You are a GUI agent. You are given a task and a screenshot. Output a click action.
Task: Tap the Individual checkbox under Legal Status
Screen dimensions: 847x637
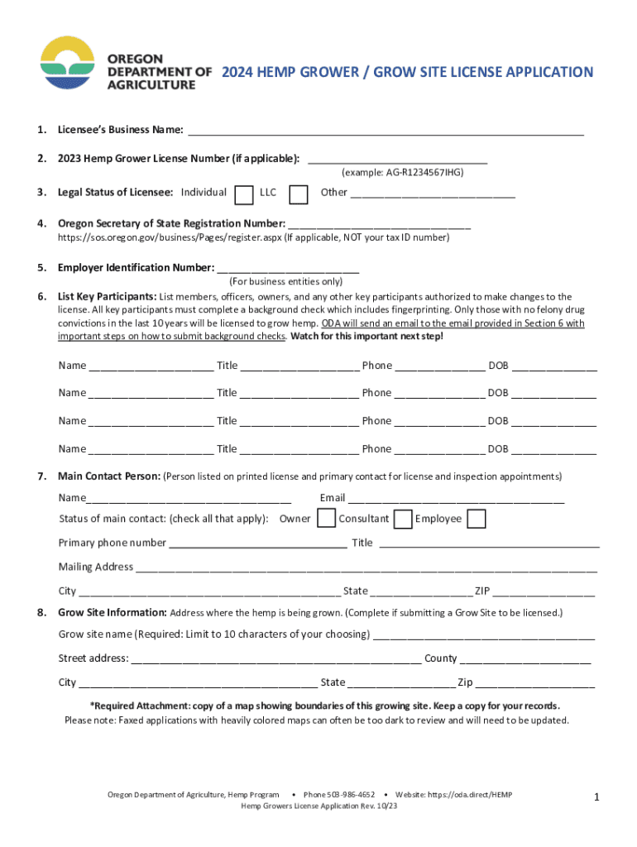244,194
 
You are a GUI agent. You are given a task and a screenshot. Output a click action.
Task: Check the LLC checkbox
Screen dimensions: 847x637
298,194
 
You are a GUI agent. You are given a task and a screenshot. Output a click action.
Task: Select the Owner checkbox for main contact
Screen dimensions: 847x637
327,519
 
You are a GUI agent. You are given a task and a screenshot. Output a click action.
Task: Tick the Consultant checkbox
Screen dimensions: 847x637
403,519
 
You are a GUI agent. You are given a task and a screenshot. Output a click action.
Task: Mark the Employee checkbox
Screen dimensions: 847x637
476,519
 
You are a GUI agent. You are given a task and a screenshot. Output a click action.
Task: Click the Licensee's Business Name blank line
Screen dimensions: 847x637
386,130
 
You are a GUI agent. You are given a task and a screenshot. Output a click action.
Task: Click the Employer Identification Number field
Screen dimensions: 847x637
287,268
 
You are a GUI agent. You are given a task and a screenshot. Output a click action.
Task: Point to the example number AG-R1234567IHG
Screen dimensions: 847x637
402,173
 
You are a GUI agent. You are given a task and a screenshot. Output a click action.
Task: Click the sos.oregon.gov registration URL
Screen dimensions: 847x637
169,237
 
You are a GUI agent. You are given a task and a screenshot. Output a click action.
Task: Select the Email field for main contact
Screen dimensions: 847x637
456,498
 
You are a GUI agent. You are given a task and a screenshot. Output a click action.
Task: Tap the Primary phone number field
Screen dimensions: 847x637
257,543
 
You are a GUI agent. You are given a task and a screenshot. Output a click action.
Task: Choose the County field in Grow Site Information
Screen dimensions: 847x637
525,658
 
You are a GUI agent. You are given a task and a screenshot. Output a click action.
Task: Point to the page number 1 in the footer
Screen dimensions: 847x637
596,797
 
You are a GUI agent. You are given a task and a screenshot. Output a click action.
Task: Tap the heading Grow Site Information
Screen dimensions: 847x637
112,613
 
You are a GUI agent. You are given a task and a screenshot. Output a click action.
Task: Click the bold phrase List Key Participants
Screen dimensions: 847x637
107,296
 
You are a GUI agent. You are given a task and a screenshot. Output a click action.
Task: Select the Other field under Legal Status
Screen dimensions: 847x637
432,193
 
